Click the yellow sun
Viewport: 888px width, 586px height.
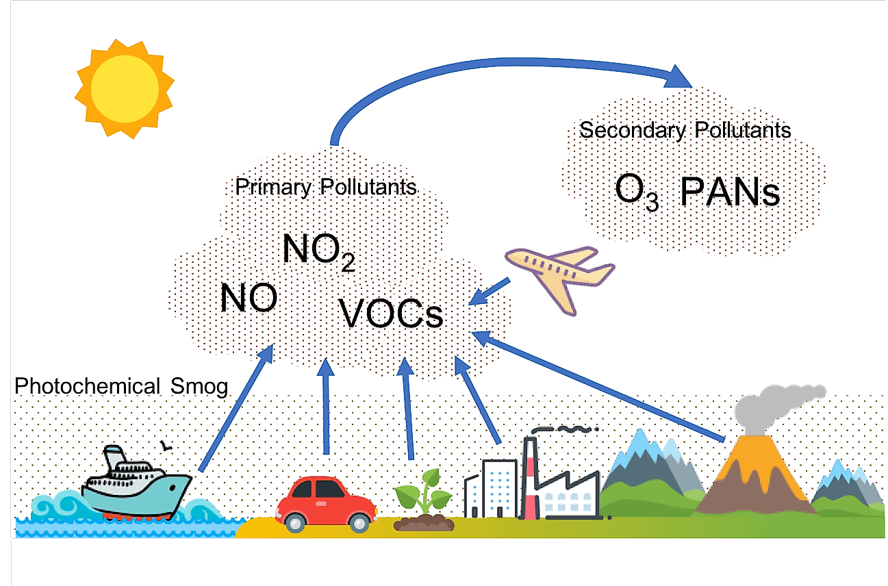125,89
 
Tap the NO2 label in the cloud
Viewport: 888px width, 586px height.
319,252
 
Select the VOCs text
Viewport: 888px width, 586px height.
390,314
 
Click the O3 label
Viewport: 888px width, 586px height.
637,192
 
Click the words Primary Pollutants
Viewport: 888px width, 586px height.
325,187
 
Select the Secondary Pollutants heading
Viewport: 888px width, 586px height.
685,130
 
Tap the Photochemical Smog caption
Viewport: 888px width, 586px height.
121,386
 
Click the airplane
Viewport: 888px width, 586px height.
560,279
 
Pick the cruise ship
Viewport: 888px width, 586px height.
137,483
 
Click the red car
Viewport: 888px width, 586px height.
326,505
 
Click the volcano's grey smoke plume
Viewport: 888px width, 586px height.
777,409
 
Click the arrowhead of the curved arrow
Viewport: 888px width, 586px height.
677,77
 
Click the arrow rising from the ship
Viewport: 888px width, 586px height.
237,408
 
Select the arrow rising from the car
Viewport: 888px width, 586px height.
326,406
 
